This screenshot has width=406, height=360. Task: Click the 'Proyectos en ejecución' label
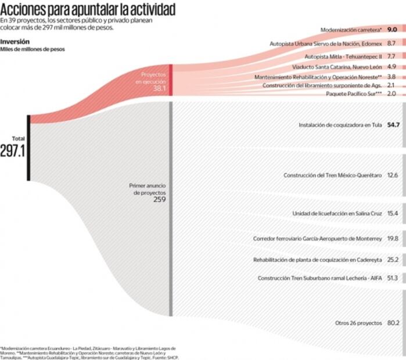153,78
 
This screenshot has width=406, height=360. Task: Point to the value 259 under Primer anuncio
160,199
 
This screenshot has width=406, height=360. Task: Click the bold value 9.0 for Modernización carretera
392,29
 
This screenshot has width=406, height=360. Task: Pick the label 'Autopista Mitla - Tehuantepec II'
343,57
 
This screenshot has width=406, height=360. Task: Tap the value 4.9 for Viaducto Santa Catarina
391,67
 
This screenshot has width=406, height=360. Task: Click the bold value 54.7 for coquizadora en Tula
393,125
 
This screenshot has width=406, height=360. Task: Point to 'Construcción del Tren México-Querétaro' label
332,175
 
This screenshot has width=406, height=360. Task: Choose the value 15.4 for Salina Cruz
392,214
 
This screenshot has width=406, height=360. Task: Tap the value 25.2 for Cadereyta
393,260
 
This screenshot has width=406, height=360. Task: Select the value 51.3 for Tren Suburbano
393,279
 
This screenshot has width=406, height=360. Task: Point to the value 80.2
393,322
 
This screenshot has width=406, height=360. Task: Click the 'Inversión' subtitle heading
15,41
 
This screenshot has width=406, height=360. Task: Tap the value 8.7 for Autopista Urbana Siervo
391,44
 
